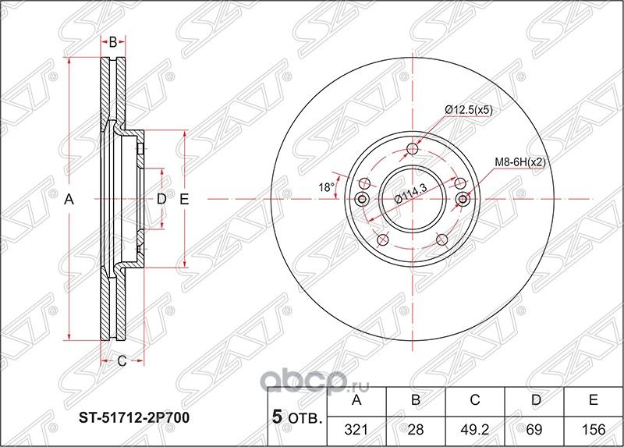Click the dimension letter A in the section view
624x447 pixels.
pos(69,200)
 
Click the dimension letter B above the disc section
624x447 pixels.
pos(112,42)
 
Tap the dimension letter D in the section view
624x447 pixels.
pos(161,200)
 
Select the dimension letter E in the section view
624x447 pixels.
pos(185,200)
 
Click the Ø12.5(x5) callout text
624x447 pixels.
pos(468,111)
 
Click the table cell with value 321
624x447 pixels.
pos(357,429)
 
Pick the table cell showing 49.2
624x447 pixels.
pos(475,429)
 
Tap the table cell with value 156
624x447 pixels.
pos(594,429)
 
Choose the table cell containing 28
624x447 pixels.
pos(416,429)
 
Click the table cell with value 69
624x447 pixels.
pos(534,429)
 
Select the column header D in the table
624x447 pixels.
pos(534,401)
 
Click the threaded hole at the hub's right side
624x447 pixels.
pos(463,200)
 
